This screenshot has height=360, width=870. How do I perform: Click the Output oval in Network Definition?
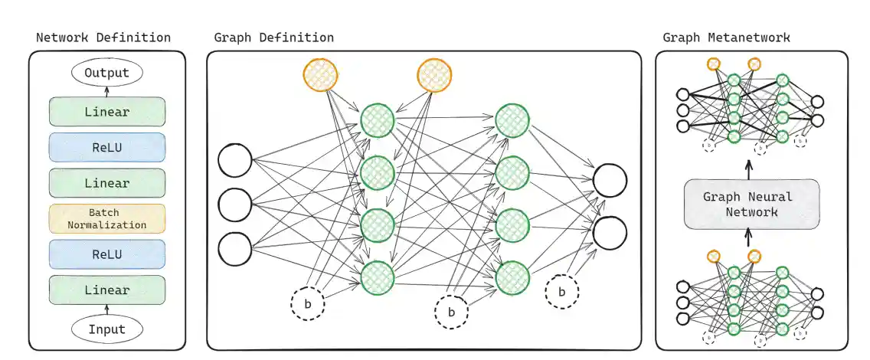tap(106, 74)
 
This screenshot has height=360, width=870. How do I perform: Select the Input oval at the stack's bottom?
tap(106, 329)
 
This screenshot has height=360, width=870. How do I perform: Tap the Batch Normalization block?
tap(106, 218)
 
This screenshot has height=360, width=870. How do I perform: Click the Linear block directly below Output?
tap(106, 112)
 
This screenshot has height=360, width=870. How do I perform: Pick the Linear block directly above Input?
tap(106, 290)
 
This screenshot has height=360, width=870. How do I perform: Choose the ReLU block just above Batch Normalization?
tap(106, 147)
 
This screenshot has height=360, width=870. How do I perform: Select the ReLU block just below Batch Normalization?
tap(106, 254)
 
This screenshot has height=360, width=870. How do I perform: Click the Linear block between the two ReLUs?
tap(106, 183)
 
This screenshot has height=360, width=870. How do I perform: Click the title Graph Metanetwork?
tap(726, 37)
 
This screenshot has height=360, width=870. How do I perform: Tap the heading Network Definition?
tap(103, 37)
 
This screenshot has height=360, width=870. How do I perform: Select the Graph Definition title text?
tap(273, 37)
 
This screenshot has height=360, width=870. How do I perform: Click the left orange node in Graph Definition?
tap(321, 75)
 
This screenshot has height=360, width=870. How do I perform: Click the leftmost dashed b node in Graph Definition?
tap(308, 304)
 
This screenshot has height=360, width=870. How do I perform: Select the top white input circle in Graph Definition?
tap(235, 160)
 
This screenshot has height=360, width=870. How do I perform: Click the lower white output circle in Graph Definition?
tap(610, 232)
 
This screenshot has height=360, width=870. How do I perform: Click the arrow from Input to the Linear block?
tap(106, 309)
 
